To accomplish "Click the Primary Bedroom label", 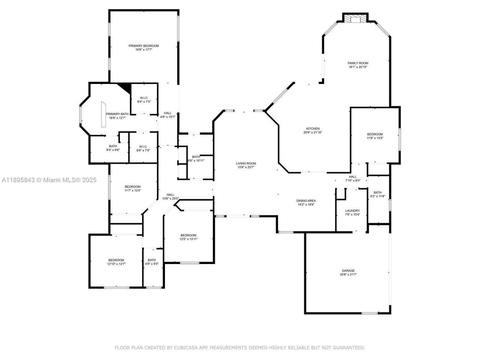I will pyautogui.click(x=144, y=46).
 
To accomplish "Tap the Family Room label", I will pyautogui.click(x=358, y=63).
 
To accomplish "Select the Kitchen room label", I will pyautogui.click(x=313, y=129).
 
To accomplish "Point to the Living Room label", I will pyautogui.click(x=246, y=163).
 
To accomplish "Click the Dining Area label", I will pyautogui.click(x=306, y=201).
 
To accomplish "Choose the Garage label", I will pyautogui.click(x=348, y=271).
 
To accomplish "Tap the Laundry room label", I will pyautogui.click(x=352, y=211).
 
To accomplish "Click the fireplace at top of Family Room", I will pyautogui.click(x=354, y=19).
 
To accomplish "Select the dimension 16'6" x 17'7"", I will pyautogui.click(x=144, y=49).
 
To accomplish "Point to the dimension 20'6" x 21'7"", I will pyautogui.click(x=348, y=274).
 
